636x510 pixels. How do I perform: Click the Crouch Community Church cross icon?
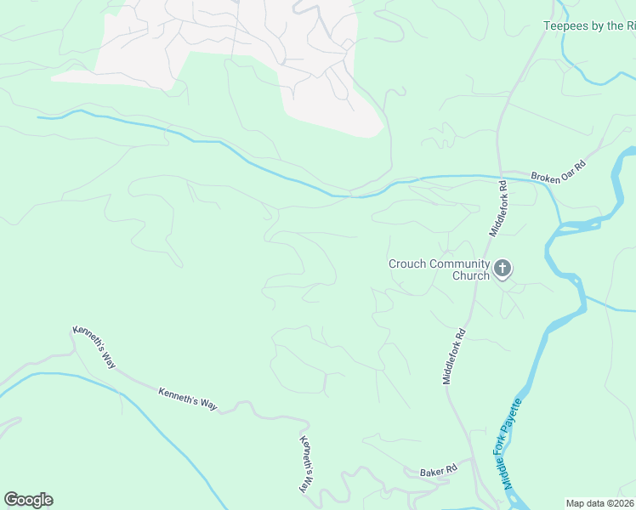[503, 269]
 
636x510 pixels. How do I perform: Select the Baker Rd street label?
[439, 470]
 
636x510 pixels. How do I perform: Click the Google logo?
[28, 500]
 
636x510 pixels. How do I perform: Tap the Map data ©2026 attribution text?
[599, 503]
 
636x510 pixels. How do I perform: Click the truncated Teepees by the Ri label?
[589, 26]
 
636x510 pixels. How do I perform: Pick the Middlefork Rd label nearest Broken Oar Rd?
[497, 208]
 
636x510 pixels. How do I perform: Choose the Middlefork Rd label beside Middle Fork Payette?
[452, 355]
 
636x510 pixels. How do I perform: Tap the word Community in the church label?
[459, 263]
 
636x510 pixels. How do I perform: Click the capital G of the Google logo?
[11, 500]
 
